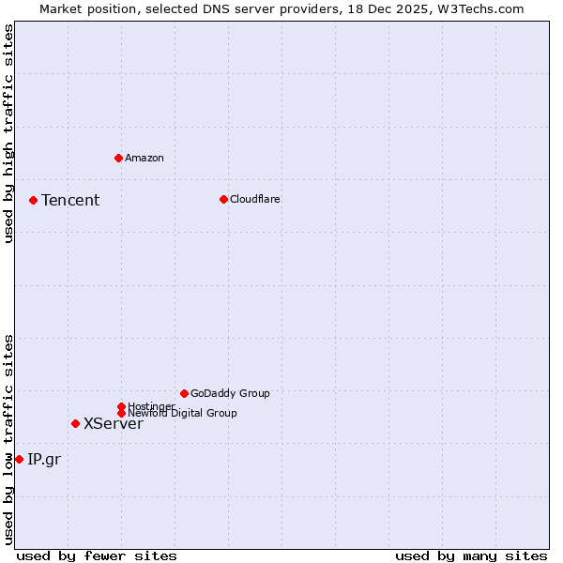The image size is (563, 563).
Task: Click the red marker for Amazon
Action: pos(118,158)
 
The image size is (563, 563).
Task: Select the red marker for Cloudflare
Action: pos(223,199)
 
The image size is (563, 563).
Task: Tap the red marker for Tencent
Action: pos(33,200)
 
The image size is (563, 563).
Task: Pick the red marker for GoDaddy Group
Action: pos(184,393)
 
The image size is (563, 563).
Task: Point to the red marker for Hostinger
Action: pos(121,406)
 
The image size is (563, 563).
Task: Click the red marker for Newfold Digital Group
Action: pos(121,413)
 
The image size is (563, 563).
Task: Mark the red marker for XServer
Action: pos(75,423)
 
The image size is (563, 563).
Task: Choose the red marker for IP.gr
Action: pos(19,459)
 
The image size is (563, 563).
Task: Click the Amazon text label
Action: pos(145,158)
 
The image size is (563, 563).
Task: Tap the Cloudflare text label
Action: pos(255,199)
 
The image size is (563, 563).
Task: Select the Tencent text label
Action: pos(70,200)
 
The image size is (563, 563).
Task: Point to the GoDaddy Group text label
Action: pos(230,393)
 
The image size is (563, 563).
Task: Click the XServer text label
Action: pos(114,423)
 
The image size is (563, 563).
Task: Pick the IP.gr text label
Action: pos(43,459)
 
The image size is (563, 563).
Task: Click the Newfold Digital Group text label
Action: pos(183,414)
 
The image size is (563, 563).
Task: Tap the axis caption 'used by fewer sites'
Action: pos(97,555)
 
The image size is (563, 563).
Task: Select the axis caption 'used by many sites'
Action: pos(471,555)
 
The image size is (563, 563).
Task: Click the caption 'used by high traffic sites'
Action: pos(8,133)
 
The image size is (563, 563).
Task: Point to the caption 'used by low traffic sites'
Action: pos(8,439)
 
